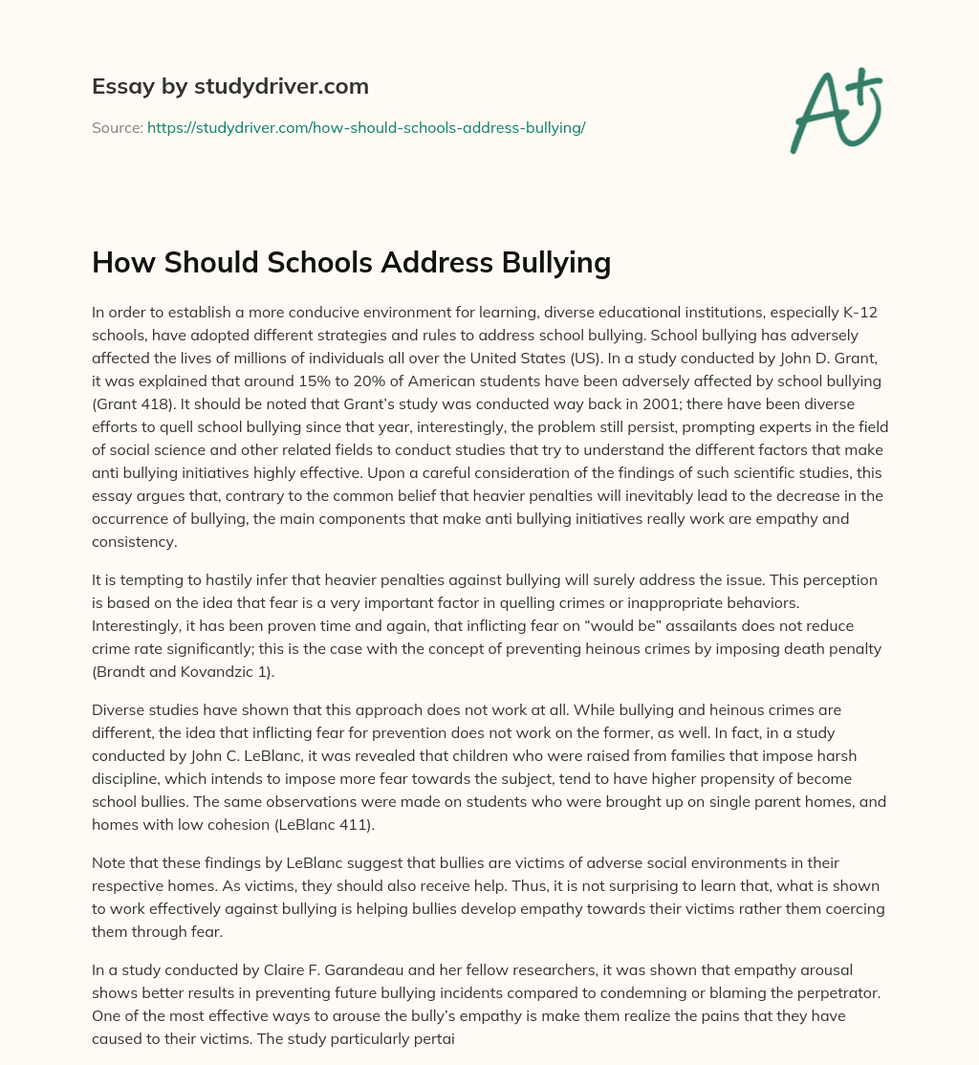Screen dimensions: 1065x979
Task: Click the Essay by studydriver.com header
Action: [x=229, y=86]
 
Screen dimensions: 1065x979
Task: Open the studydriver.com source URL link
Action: [x=366, y=127]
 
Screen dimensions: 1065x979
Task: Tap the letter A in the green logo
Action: [x=816, y=114]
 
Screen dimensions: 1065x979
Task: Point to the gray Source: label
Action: [x=117, y=127]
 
